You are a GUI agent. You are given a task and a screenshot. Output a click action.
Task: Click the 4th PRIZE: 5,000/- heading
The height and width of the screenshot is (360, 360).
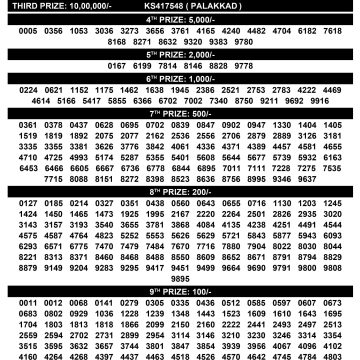click(x=180, y=19)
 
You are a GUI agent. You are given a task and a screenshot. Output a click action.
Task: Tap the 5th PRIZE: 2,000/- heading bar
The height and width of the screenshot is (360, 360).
click(x=180, y=55)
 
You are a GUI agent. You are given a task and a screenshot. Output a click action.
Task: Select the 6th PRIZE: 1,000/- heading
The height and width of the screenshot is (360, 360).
click(x=180, y=78)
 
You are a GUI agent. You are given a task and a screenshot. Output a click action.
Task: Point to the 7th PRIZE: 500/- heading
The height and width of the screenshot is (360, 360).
click(x=180, y=114)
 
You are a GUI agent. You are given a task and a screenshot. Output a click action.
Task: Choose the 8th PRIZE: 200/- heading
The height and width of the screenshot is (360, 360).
click(x=180, y=189)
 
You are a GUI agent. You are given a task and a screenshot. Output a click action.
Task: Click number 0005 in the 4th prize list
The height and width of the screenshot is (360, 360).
click(x=14, y=32)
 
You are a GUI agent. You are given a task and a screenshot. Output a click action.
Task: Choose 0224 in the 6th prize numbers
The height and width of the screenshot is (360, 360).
click(x=14, y=90)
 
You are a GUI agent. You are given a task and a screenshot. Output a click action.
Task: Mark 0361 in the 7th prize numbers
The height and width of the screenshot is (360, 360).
click(x=14, y=125)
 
